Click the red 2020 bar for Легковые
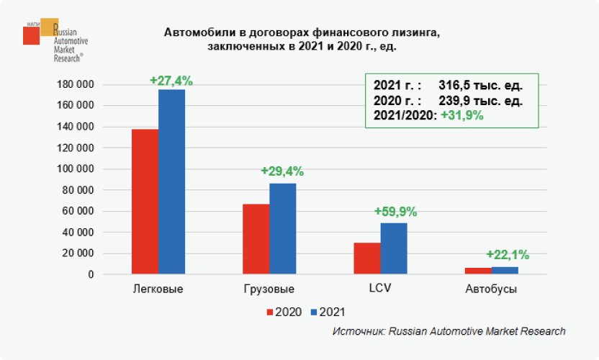click(x=145, y=202)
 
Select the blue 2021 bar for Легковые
click(x=171, y=181)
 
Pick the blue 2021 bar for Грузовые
click(x=282, y=229)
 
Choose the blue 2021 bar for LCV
click(x=394, y=248)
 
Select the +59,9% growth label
click(x=395, y=212)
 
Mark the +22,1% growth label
click(x=508, y=254)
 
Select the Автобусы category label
click(x=492, y=289)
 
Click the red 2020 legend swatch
click(x=271, y=312)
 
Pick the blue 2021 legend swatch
click(x=314, y=312)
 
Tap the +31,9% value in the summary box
click(x=461, y=115)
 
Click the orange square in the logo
click(x=49, y=27)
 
